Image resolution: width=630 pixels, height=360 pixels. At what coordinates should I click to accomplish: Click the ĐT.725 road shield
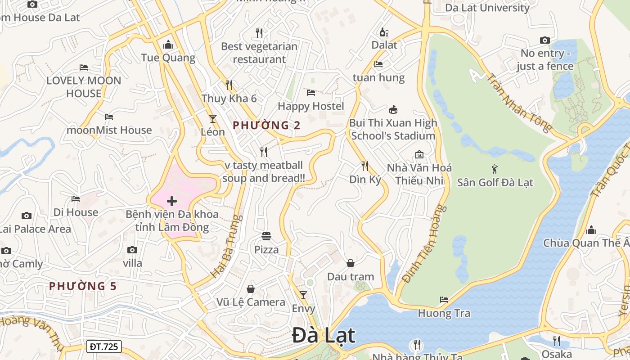pos(103,346)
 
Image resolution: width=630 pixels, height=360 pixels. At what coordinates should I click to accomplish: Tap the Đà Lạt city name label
pos(324,336)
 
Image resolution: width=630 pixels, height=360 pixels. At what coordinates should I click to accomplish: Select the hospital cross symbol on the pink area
pos(172,201)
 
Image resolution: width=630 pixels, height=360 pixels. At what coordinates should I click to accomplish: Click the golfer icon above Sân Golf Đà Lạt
pos(495,169)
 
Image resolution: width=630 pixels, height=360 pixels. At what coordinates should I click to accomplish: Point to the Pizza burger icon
pos(266,236)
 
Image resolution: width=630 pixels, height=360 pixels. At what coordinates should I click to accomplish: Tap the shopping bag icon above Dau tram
pos(351,263)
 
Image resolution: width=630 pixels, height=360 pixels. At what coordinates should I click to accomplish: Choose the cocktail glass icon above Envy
pos(303,295)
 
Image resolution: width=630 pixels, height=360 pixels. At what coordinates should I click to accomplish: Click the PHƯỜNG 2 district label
pos(266,126)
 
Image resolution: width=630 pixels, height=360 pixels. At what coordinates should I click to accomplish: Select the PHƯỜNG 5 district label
pos(83,286)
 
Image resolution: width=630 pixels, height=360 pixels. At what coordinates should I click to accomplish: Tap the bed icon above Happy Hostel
pos(311,93)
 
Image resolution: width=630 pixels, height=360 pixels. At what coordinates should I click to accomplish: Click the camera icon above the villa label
pos(132,250)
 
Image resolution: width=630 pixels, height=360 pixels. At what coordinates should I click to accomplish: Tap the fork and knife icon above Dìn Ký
pos(365,166)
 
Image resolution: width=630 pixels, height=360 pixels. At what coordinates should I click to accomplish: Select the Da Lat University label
pos(487,8)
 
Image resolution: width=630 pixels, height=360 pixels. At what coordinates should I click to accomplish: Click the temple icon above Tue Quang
pos(168,45)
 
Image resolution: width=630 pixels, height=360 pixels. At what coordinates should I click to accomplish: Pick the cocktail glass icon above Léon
pos(213,119)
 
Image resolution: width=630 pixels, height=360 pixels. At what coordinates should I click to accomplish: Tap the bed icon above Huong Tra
pos(444,300)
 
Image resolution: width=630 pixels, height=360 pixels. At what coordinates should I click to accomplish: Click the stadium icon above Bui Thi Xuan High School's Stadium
pos(393,109)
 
